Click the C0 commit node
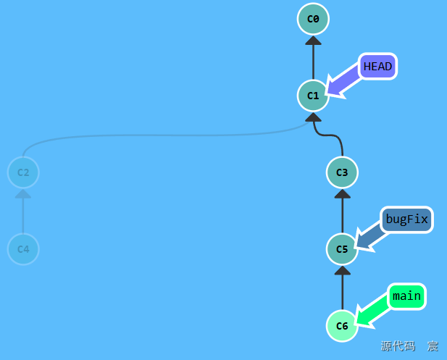tap(313, 19)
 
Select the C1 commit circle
tap(313, 96)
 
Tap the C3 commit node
tap(342, 172)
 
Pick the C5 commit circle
tap(342, 249)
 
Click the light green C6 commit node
tap(342, 326)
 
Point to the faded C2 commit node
tap(23, 172)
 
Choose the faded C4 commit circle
tap(23, 249)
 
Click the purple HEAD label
tap(378, 67)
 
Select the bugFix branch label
tap(407, 219)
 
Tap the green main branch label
tap(407, 296)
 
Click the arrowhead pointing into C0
tap(313, 41)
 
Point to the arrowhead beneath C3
tap(342, 194)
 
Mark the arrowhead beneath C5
tap(342, 271)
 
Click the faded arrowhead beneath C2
tap(23, 194)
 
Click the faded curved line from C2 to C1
tap(165, 135)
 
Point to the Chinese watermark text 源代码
tap(398, 346)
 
